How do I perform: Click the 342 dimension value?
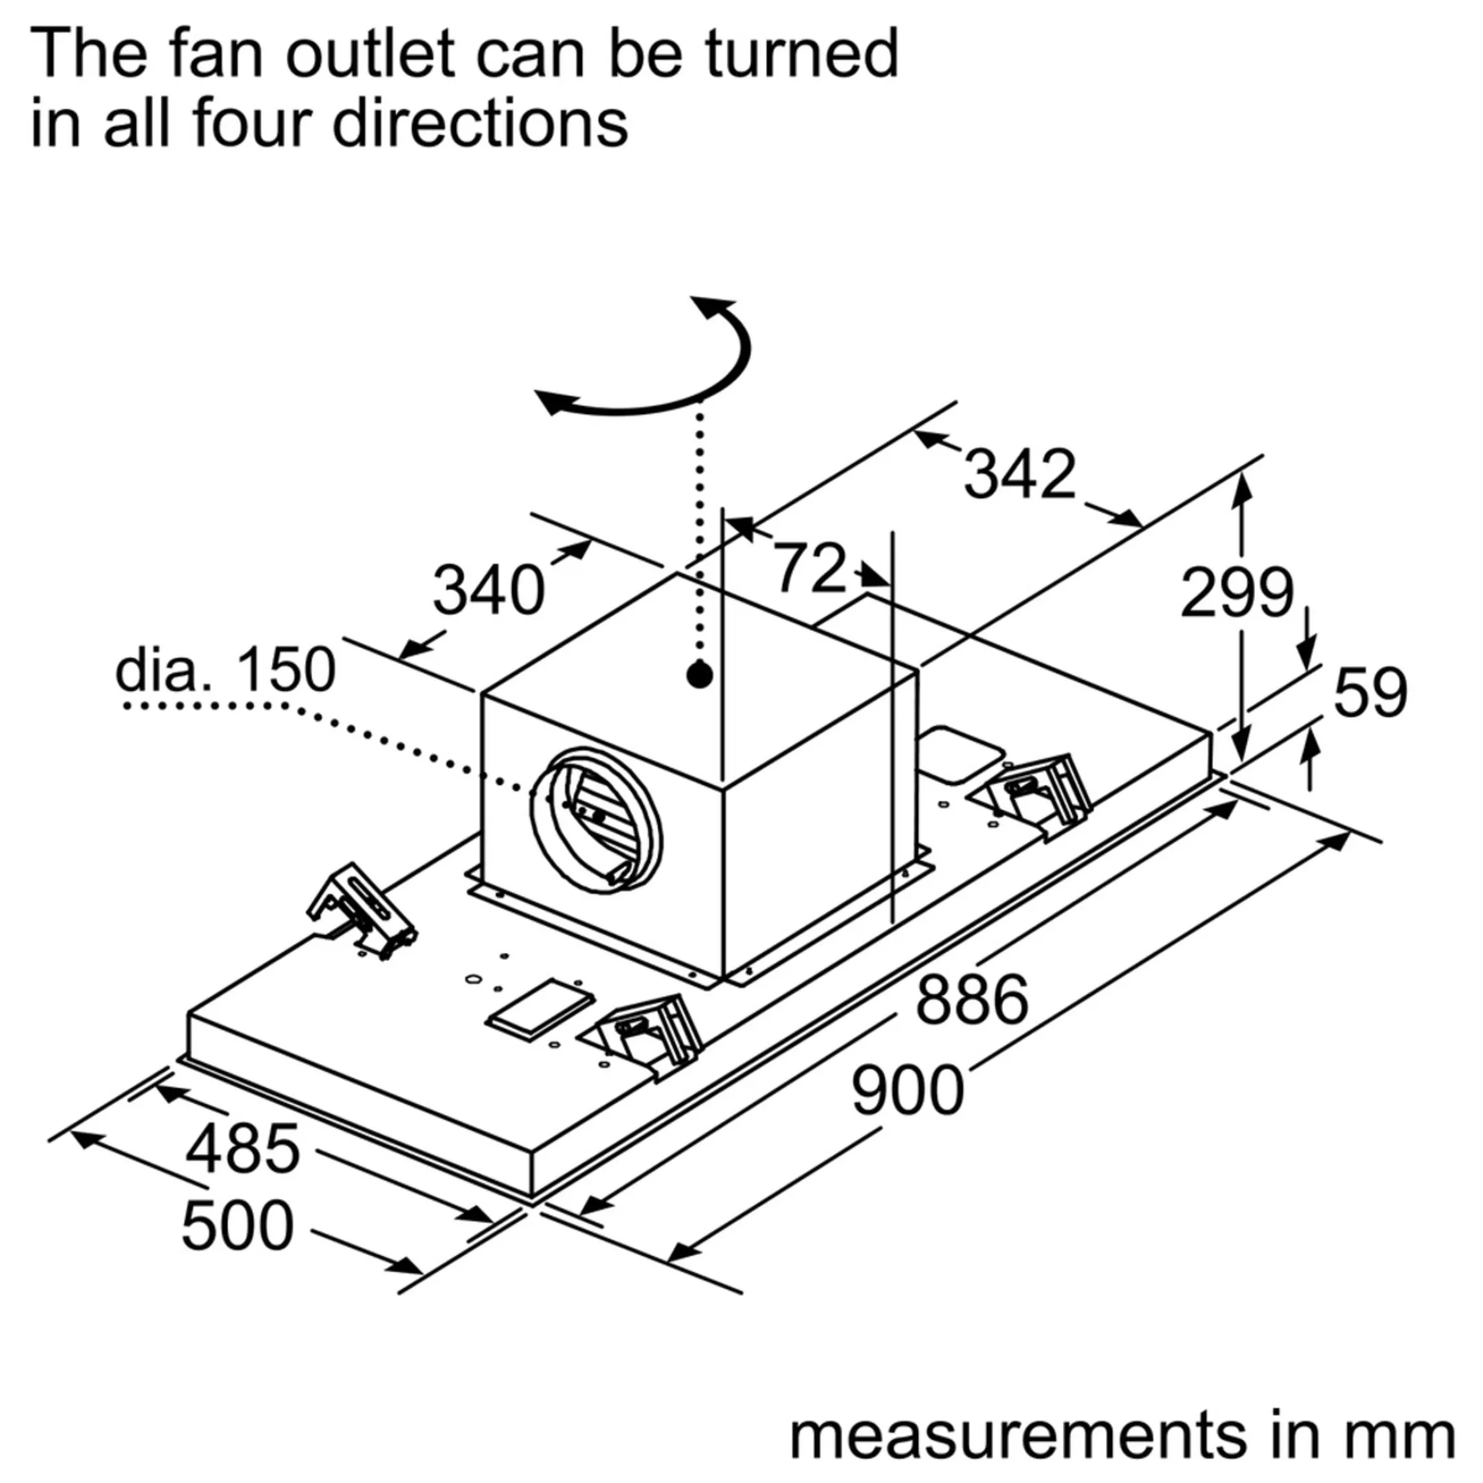pyautogui.click(x=1020, y=474)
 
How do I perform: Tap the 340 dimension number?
pyautogui.click(x=488, y=590)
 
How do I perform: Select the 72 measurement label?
pyautogui.click(x=809, y=568)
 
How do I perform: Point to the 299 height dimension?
pyautogui.click(x=1237, y=593)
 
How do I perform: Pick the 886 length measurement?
pyautogui.click(x=972, y=999)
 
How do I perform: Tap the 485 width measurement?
pyautogui.click(x=242, y=1149)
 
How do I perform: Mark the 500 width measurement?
pyautogui.click(x=237, y=1226)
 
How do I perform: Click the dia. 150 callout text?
pyautogui.click(x=225, y=669)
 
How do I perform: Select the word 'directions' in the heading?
pyautogui.click(x=480, y=123)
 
